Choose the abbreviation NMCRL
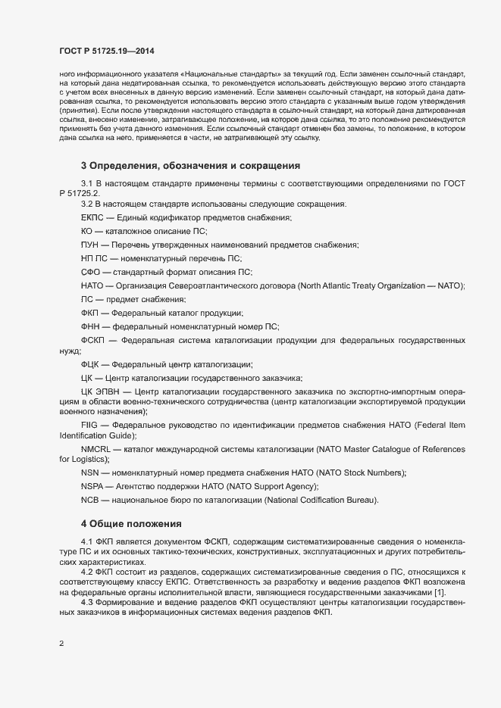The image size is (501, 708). pyautogui.click(x=96, y=449)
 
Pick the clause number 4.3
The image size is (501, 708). pyautogui.click(x=86, y=602)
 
